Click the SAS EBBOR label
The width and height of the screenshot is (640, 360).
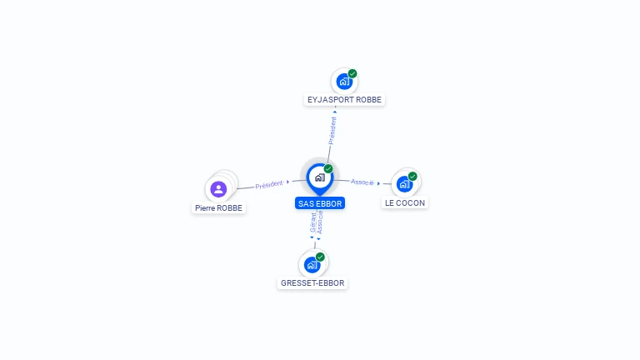320,203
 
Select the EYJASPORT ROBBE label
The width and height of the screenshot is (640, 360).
344,100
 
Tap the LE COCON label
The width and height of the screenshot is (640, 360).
405,202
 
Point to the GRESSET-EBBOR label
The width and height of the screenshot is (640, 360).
312,282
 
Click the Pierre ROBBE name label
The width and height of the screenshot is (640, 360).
218,207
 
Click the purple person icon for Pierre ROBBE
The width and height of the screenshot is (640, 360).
218,189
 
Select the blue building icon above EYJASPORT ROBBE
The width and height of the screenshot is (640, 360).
344,82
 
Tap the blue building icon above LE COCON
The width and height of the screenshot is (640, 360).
404,184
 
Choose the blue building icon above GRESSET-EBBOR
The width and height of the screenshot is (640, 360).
312,265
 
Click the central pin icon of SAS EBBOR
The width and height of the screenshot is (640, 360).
320,179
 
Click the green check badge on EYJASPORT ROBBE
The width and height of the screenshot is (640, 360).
352,73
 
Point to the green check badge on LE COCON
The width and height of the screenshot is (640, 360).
412,177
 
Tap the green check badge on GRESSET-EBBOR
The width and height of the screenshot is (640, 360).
320,257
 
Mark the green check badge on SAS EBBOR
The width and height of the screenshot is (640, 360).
328,168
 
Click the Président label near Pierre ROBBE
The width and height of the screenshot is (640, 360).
269,184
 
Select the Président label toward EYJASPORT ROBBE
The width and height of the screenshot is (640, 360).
332,131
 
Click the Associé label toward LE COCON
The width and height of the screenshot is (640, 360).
362,182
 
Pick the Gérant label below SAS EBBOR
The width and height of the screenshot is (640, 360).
313,222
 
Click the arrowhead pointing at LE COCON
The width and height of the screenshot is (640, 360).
379,183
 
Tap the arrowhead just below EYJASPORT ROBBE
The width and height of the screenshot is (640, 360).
335,112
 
